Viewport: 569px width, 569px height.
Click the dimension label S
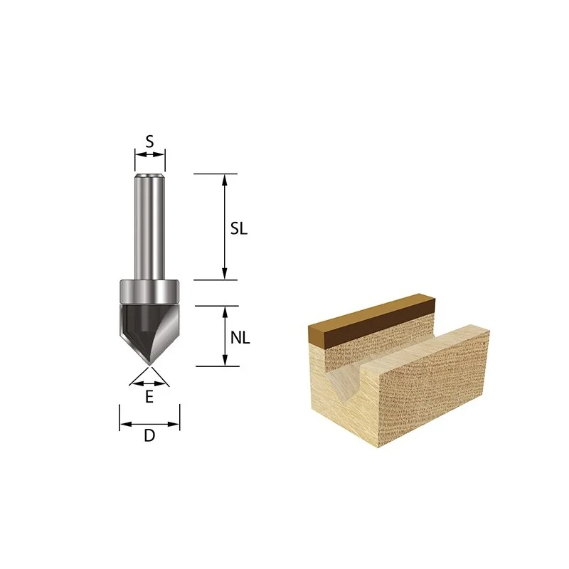point(149,142)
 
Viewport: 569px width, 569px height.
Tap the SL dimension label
point(239,228)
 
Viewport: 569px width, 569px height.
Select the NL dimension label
point(240,338)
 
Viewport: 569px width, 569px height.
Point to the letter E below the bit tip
point(149,397)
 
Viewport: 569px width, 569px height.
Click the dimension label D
point(149,435)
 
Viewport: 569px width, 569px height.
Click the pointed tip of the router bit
point(149,365)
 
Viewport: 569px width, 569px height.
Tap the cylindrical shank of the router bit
point(149,227)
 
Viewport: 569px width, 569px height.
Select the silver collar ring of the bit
point(149,292)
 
